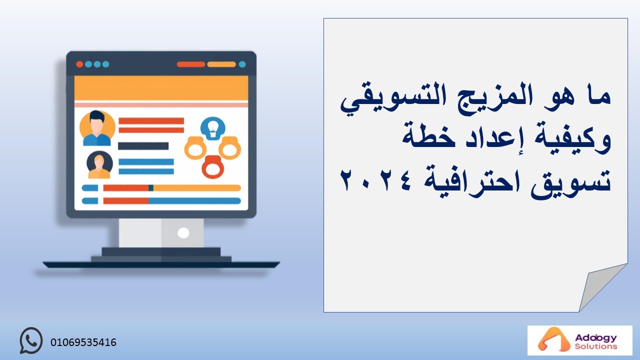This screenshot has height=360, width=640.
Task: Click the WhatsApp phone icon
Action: tap(31, 340)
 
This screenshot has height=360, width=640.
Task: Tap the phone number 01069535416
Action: tap(83, 342)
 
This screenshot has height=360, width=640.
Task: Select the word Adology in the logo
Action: tap(595, 338)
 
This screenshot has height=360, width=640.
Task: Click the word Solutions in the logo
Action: tap(595, 346)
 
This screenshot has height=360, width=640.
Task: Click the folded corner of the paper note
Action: tap(600, 286)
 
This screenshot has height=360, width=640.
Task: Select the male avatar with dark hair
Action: tap(97, 128)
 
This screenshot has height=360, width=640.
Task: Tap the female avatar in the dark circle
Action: tap(99, 165)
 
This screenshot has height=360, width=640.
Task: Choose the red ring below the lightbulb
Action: tap(213, 167)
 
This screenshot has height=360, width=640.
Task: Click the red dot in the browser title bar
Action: tap(79, 64)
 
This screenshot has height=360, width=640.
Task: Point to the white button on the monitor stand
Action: tap(183, 233)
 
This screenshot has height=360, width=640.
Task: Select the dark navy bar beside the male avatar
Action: tap(143, 146)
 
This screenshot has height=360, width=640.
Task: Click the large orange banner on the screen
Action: tap(161, 88)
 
